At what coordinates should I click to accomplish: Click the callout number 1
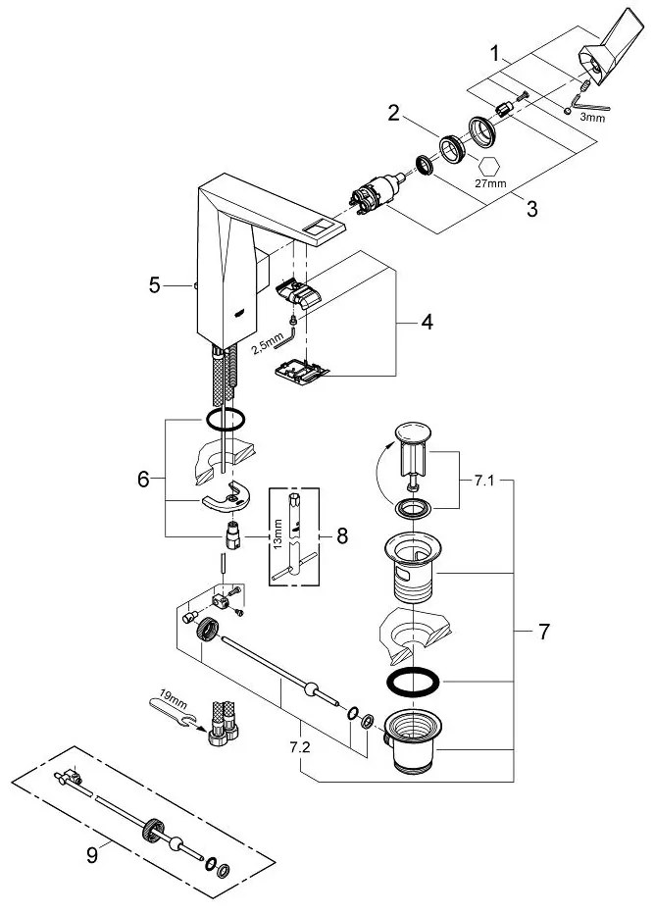pos(495,54)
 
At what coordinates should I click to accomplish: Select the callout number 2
pos(394,113)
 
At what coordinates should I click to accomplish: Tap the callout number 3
pos(531,208)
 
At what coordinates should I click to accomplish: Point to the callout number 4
pos(428,322)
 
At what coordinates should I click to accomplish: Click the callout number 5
pos(155,285)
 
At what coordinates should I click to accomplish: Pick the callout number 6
pos(143,480)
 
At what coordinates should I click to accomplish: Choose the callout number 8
pos(342,535)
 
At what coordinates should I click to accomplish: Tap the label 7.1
pos(483,481)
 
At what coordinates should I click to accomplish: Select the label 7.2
pos(299,747)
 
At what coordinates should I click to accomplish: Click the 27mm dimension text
pos(490,183)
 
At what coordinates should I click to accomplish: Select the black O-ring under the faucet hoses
pos(226,419)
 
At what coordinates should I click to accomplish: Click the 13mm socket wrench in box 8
pos(293,536)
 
